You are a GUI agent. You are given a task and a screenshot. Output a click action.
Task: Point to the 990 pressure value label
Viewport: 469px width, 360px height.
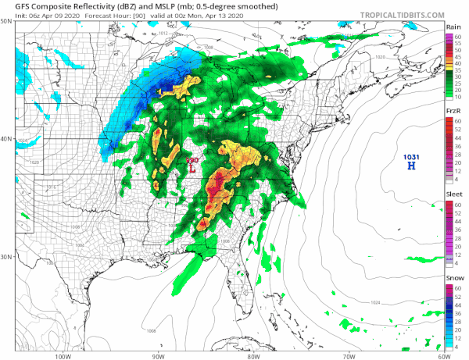192,161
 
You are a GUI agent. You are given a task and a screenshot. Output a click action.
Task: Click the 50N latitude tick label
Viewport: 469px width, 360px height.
6,22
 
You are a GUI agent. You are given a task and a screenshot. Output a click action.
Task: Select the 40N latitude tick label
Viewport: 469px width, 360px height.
6,140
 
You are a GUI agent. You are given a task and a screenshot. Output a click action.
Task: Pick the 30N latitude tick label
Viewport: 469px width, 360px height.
6,257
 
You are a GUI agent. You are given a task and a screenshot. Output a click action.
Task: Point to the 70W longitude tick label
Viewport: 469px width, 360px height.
347,356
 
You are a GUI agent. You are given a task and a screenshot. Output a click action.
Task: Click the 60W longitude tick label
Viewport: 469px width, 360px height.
442,356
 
